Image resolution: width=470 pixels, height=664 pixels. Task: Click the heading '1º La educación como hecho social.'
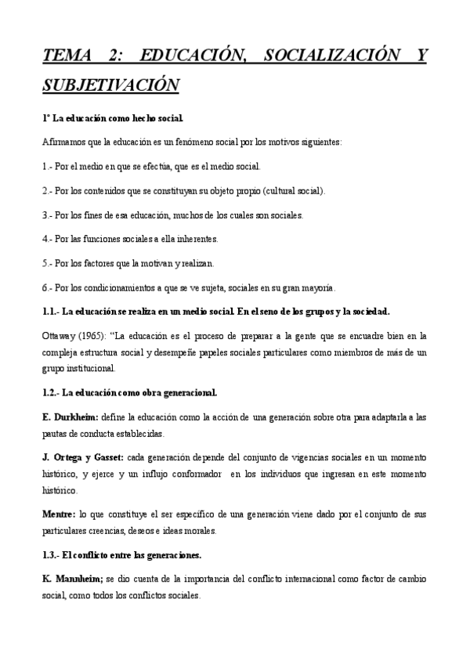[113, 118]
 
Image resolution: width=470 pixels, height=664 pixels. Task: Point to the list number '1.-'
[47, 167]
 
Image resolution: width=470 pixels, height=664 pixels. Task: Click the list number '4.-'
[47, 239]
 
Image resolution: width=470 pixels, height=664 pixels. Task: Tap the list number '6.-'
[47, 287]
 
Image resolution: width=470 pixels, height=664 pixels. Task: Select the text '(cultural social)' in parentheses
[295, 190]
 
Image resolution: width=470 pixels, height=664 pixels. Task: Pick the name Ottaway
[58, 336]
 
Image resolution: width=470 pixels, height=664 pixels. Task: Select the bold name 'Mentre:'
[60, 514]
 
